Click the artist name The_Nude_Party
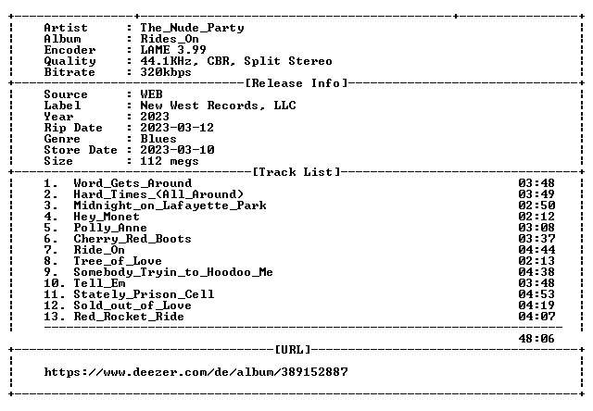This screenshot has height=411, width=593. [192, 28]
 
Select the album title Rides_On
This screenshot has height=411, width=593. [170, 39]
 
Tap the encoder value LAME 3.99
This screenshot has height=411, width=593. [173, 50]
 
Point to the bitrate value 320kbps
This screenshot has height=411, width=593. [166, 72]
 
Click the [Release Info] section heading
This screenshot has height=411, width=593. [296, 83]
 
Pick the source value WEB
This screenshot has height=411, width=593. [151, 94]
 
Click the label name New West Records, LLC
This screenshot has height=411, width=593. [218, 106]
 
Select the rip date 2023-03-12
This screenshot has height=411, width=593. [177, 128]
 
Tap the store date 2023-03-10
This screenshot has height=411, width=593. [177, 150]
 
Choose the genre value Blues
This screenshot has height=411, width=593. [158, 139]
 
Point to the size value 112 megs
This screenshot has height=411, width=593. [169, 161]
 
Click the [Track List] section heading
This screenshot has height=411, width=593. [296, 172]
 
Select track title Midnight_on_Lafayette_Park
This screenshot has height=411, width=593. [170, 205]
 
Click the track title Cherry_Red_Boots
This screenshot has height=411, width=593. [132, 239]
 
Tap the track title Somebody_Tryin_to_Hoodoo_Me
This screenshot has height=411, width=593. [173, 272]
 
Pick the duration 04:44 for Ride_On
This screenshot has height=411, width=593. [536, 250]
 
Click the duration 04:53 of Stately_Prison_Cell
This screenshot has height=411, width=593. [536, 294]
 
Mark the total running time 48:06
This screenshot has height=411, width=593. [536, 339]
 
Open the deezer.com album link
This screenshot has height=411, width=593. [196, 372]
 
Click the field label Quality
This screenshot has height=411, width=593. [69, 61]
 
